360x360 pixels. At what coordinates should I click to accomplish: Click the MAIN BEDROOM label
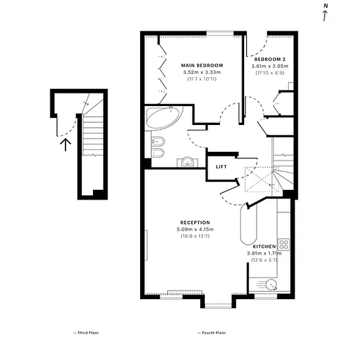coord(202,65)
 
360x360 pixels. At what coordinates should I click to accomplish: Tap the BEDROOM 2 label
coord(270,59)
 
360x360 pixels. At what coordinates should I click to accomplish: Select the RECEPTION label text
coord(195,223)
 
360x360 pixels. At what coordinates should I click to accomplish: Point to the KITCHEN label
coord(264,247)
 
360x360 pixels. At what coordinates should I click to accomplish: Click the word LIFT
coord(221,167)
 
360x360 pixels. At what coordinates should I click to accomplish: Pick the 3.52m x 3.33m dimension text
coord(202,72)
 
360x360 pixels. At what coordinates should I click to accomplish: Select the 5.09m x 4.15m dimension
coord(195,229)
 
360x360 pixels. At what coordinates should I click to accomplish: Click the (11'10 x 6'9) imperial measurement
coord(270,73)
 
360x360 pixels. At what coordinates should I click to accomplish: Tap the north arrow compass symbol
coord(325,12)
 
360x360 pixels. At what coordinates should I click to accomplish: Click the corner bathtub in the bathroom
coord(164,117)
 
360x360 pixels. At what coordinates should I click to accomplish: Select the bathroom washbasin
coord(188,162)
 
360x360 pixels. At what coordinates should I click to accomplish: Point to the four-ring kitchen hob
coord(284,245)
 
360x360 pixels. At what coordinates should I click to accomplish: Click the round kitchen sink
coord(272,285)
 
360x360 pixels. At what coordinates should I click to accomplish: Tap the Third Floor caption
coord(86,333)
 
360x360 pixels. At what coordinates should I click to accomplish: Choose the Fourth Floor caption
coord(211,333)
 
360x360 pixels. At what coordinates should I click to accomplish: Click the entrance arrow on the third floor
coord(65,145)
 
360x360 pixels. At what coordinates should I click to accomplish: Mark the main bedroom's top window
coord(220,33)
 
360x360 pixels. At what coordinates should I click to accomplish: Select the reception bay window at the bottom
coord(219,306)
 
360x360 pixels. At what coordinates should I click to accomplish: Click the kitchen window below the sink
coord(266,297)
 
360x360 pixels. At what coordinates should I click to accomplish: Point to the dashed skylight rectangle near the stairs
coord(262,179)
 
